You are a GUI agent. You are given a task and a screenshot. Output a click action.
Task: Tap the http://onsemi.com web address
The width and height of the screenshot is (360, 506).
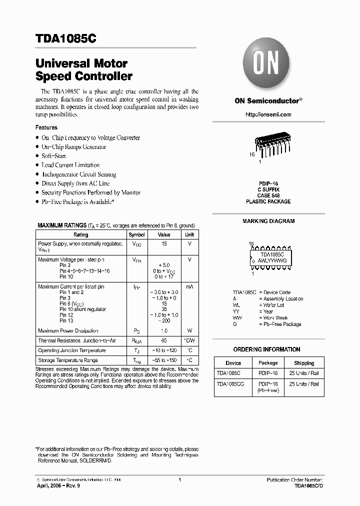pos(268,114)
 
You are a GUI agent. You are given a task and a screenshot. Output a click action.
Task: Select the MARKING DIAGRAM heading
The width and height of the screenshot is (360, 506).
pos(268,221)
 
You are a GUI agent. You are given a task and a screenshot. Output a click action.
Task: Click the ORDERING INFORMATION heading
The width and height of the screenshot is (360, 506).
pos(266,349)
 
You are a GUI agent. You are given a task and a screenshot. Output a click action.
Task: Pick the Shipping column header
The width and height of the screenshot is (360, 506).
pos(304,363)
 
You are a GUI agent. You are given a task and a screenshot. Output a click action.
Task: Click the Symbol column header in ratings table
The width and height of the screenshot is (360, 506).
pos(137,234)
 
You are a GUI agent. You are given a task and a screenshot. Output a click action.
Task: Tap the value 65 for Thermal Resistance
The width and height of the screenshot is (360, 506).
pos(164,340)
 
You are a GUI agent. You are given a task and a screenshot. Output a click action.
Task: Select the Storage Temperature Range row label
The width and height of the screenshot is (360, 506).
pos(68,360)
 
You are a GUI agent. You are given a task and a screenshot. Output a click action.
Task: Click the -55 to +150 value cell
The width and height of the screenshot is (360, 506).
pos(164,360)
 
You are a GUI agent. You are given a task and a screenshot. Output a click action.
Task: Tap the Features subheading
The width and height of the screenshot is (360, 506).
pos(46,127)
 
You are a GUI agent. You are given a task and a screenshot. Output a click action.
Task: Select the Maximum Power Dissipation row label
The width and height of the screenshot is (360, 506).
pos(68,330)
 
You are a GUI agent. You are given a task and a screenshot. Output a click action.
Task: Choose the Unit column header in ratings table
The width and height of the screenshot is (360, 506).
pos(190,234)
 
